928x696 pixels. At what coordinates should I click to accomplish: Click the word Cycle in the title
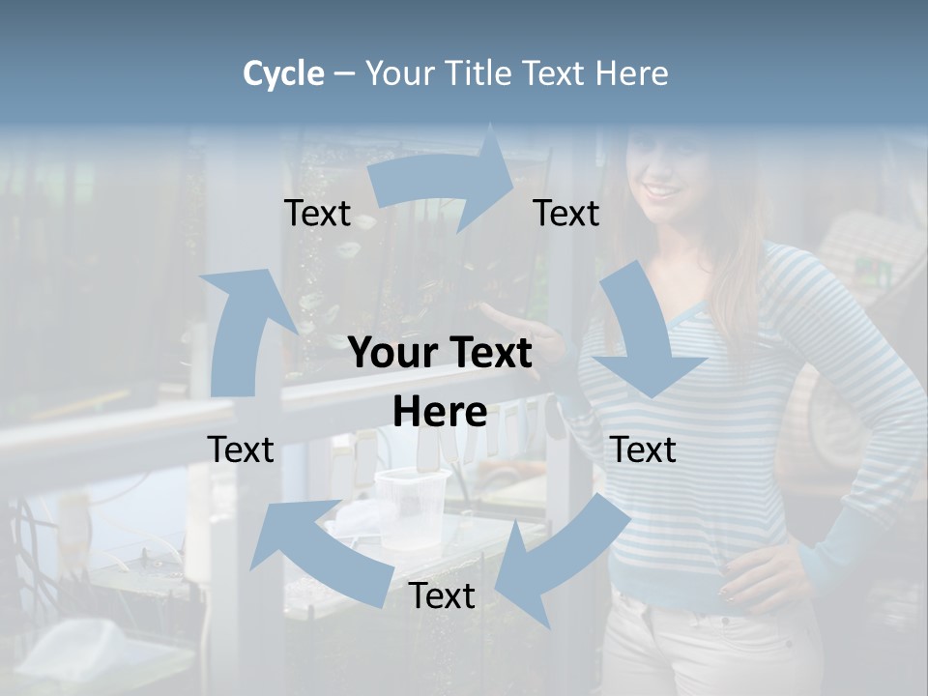pos(283,73)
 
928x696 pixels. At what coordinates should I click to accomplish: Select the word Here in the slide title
pos(632,73)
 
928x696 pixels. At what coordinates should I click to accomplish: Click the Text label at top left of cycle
pos(317,214)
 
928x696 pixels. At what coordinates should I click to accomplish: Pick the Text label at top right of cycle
pos(566,214)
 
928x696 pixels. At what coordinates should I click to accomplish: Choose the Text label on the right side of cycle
pos(643,449)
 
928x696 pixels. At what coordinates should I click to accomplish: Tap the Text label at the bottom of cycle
pos(442,596)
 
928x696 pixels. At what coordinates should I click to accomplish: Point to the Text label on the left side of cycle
pos(241,449)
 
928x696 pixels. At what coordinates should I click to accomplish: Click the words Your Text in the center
pos(440,354)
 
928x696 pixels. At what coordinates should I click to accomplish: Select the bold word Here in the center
pos(440,413)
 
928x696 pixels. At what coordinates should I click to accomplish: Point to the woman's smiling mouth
pos(663,189)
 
